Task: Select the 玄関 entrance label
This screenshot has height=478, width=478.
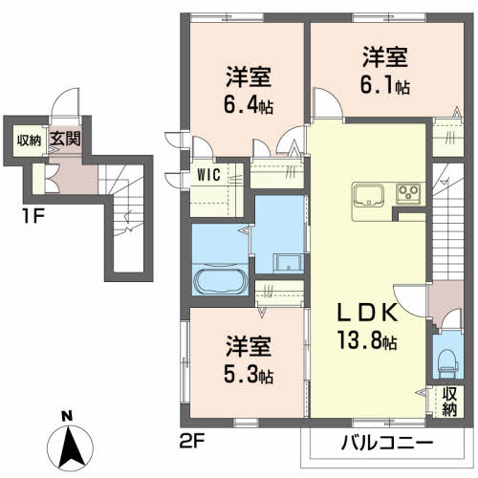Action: click(x=65, y=139)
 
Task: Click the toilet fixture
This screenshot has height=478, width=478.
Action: click(x=445, y=362)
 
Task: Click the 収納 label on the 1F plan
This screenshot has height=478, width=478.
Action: click(x=29, y=140)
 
